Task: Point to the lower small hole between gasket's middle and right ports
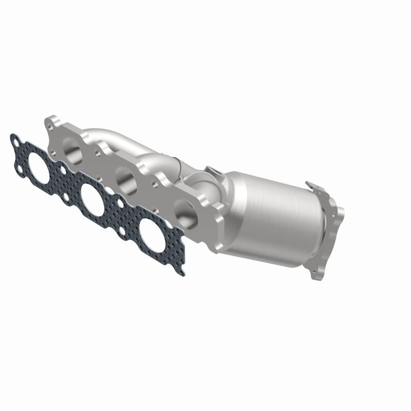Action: pos(122,232)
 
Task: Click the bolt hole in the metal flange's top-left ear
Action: pos(51,123)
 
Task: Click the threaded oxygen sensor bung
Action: pos(211,171)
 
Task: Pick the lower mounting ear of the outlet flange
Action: pos(316,270)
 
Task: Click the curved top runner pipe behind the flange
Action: pos(113,135)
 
